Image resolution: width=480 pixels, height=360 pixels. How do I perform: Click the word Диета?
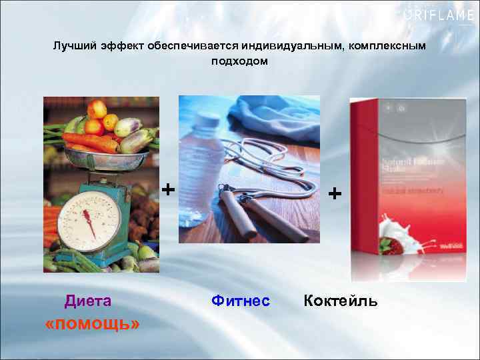tap(88, 301)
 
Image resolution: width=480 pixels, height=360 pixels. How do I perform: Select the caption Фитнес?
tap(241, 301)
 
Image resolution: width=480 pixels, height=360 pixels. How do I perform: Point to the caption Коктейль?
tap(341, 301)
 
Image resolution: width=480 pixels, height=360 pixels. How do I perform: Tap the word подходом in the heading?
tap(240, 61)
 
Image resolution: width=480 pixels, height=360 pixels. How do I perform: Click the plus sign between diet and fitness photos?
tap(169, 190)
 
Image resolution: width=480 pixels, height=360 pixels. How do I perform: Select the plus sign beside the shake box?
tap(335, 193)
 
